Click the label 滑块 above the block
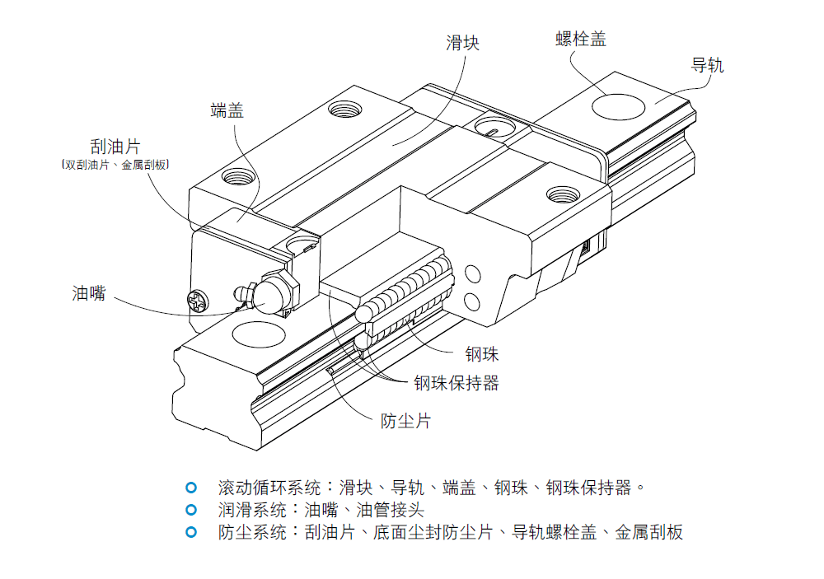(x=462, y=43)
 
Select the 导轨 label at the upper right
(x=707, y=65)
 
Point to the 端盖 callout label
(x=227, y=110)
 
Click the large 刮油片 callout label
(x=115, y=147)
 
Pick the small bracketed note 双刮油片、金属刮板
(x=115, y=166)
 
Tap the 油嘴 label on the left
(x=89, y=292)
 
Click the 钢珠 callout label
(x=482, y=355)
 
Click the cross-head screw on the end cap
(x=199, y=300)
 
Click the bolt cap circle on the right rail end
(x=620, y=106)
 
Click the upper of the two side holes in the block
(x=471, y=273)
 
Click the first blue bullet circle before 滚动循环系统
(x=191, y=487)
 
